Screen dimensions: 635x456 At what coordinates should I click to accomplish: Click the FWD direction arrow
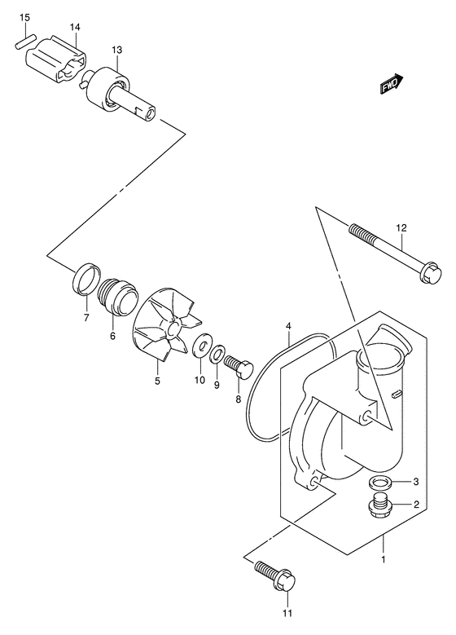[x=392, y=84]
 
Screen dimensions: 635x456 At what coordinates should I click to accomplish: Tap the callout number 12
[x=400, y=227]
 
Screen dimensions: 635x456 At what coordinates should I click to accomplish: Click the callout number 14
[x=75, y=28]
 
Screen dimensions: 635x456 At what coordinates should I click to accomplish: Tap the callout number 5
[x=158, y=380]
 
